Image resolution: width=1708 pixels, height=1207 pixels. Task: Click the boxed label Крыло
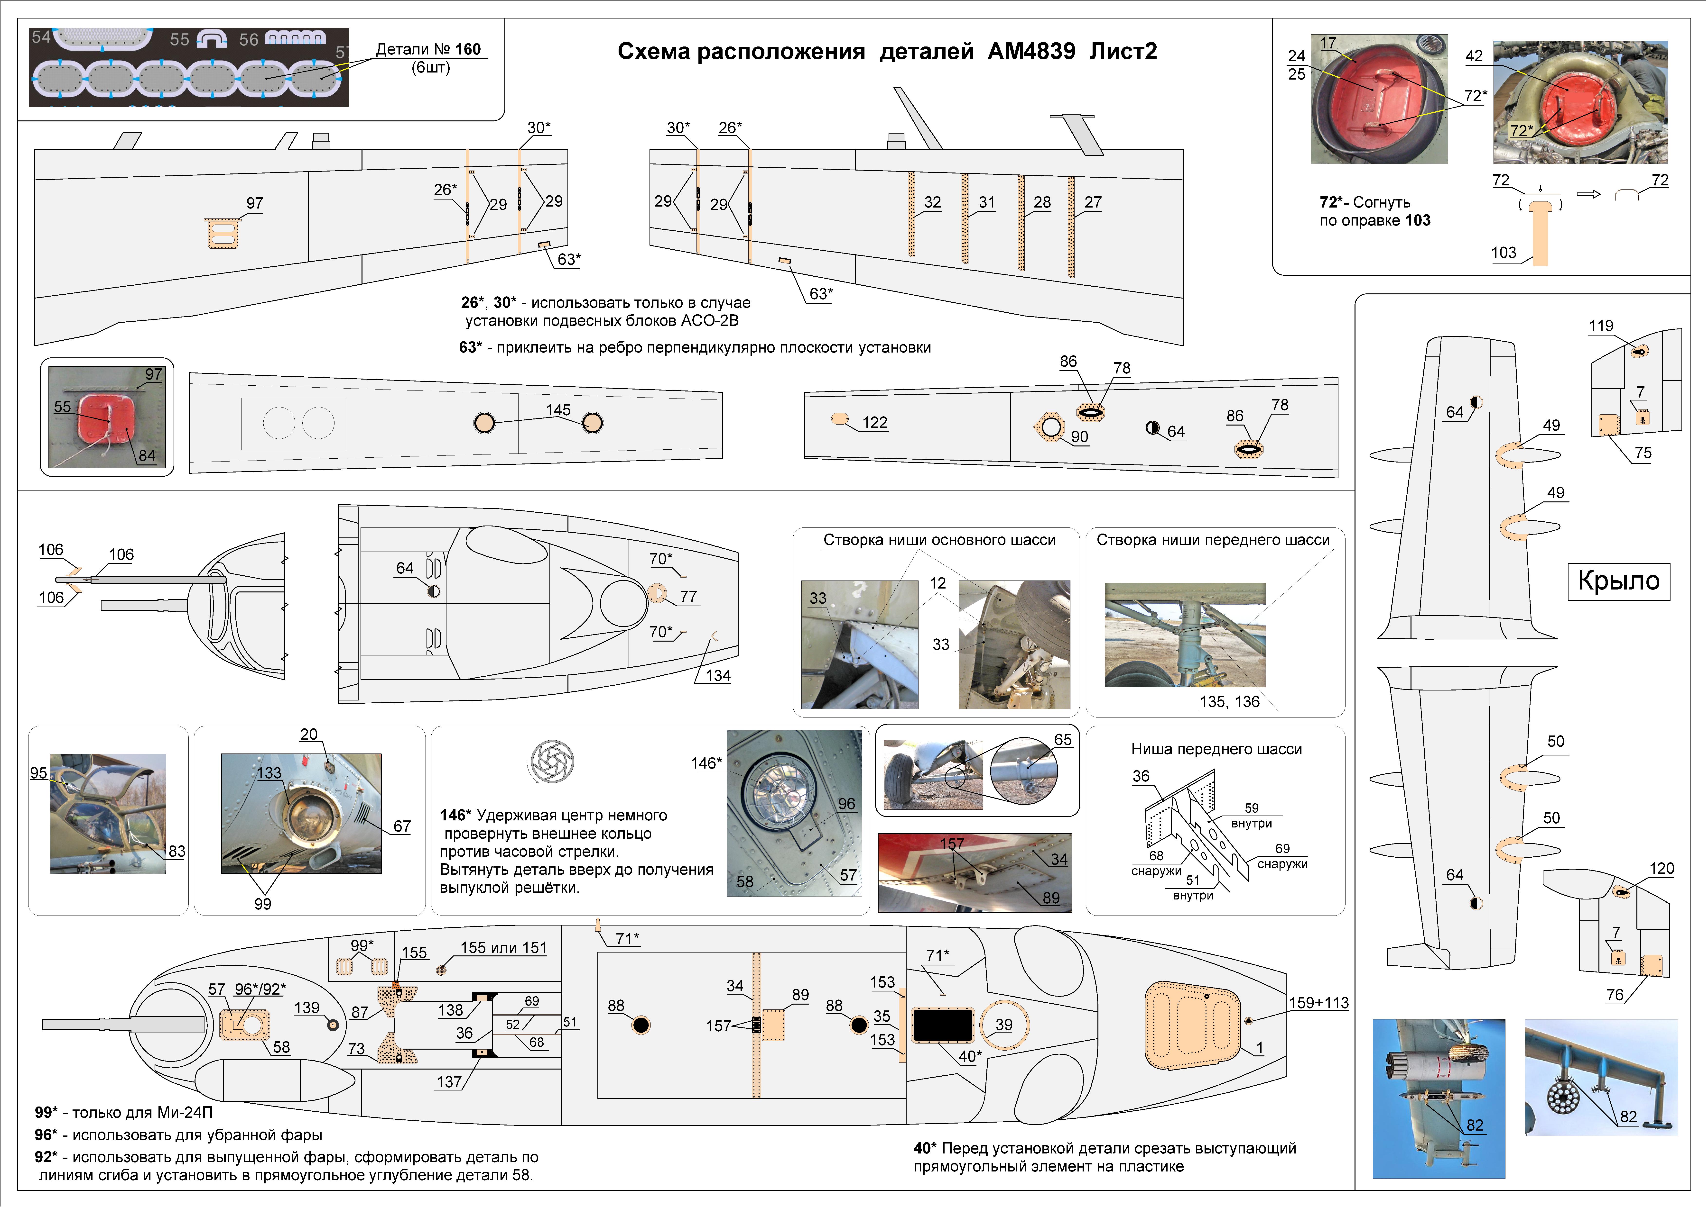[x=1619, y=581]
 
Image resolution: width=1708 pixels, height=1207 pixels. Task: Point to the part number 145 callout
[x=558, y=410]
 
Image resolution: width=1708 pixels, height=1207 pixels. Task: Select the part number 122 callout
[x=875, y=422]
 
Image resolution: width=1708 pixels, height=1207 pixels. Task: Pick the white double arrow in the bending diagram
[x=1588, y=195]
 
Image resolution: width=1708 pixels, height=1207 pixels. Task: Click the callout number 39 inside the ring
[x=1004, y=1025]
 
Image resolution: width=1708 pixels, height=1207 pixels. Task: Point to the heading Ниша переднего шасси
[x=1216, y=749]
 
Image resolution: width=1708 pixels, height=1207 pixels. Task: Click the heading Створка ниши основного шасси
[x=939, y=540]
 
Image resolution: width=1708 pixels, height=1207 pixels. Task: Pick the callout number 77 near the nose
[x=688, y=596]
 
